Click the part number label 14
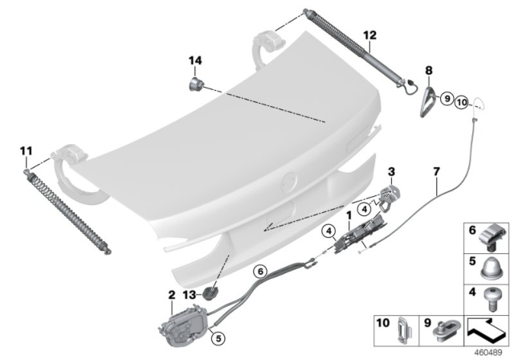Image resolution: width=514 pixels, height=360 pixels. click(194, 61)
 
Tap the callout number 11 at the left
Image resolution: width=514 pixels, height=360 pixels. click(25, 150)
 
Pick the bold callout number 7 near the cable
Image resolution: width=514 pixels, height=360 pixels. click(436, 172)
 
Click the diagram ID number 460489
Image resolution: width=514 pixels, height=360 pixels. click(493, 351)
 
